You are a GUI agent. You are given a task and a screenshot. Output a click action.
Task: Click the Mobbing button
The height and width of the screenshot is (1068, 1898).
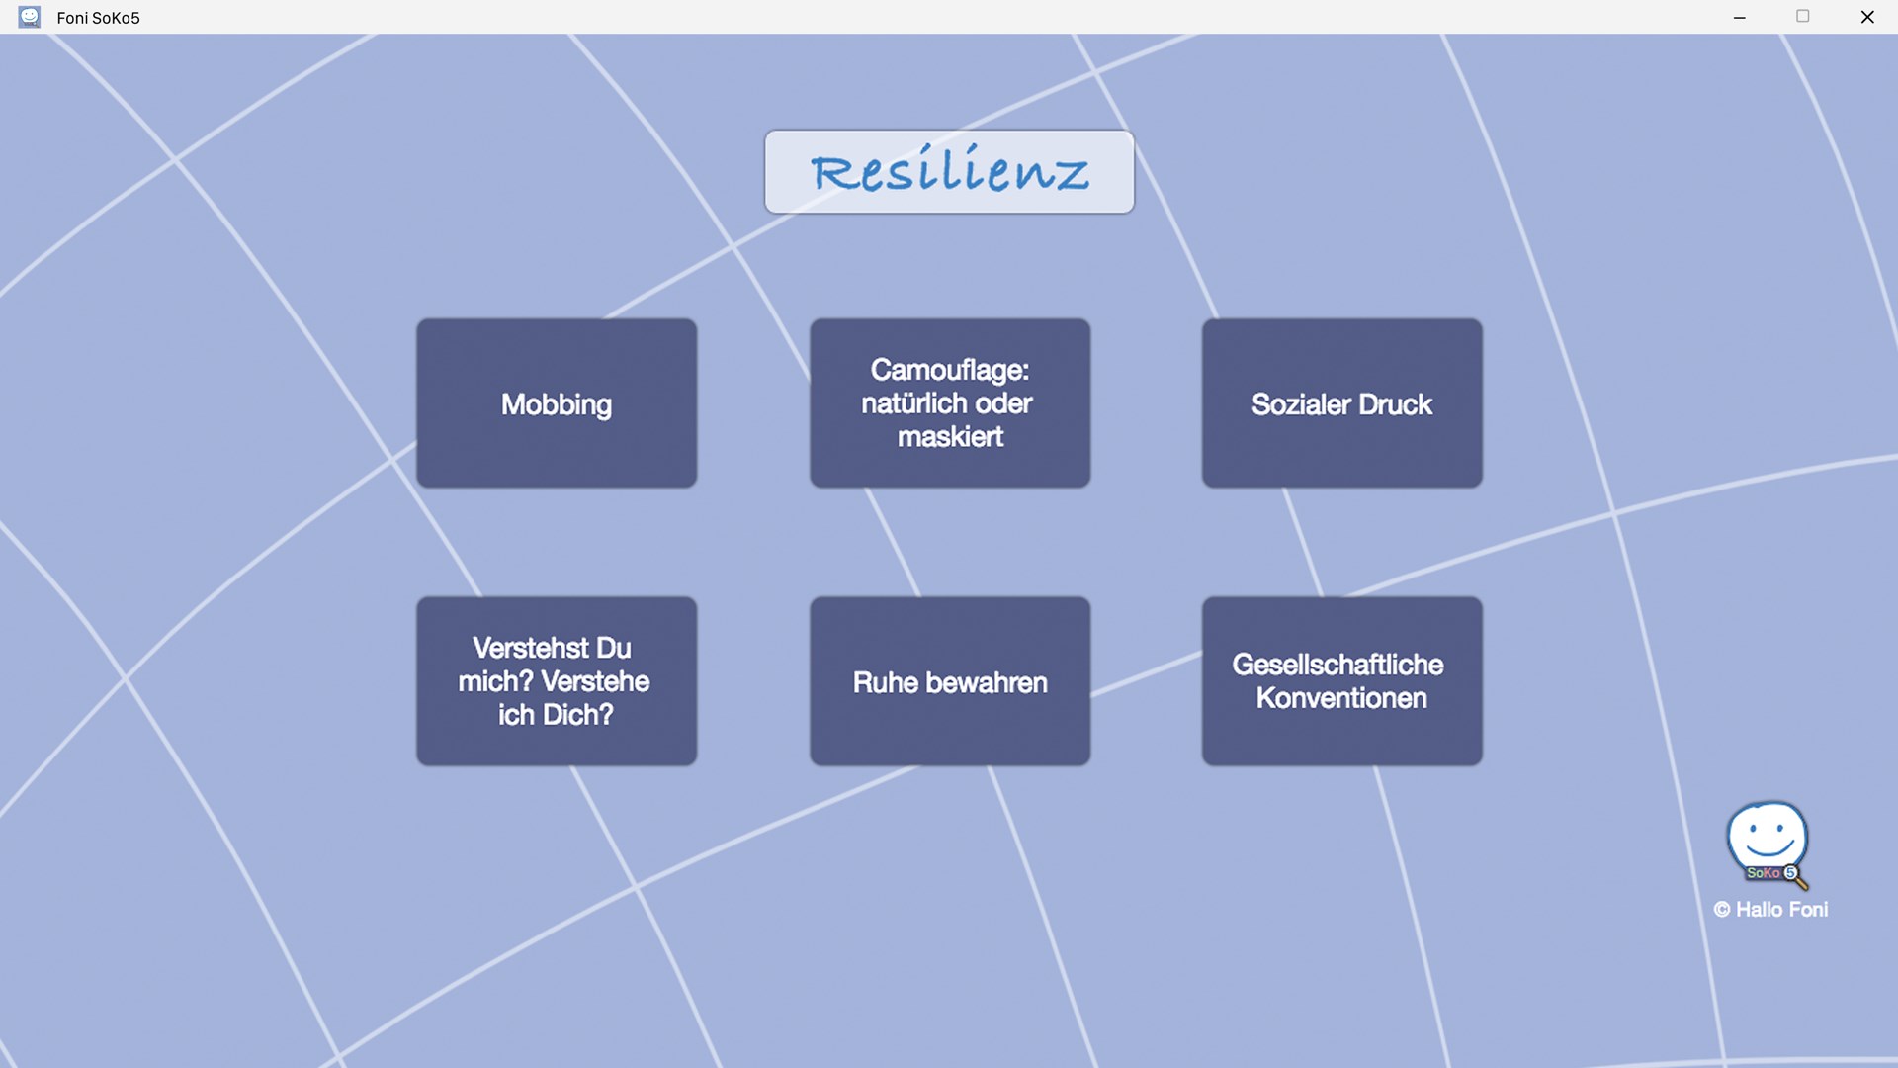[x=557, y=402]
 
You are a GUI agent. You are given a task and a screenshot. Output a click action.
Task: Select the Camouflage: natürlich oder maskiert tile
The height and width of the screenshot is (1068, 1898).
[x=950, y=402]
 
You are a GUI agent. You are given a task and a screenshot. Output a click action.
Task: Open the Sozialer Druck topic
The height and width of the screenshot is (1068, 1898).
[x=1341, y=402]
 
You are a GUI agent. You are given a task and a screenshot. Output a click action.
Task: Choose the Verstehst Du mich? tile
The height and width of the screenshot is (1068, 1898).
[x=557, y=680]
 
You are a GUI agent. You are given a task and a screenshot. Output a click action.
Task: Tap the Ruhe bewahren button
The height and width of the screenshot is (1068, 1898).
[x=950, y=680]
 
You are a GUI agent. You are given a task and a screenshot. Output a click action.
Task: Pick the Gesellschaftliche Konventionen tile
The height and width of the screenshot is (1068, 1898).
[x=1341, y=680]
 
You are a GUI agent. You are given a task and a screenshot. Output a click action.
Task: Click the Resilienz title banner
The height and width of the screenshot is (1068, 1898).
[x=949, y=171]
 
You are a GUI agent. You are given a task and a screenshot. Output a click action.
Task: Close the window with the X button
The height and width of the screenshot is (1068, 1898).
[x=1867, y=17]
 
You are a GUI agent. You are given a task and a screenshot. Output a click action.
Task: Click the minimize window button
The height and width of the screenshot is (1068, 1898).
[x=1740, y=17]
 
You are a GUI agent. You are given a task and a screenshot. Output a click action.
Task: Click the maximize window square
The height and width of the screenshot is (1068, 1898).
[x=1803, y=16]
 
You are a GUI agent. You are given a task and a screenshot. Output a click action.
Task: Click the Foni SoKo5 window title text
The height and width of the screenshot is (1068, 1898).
[x=98, y=18]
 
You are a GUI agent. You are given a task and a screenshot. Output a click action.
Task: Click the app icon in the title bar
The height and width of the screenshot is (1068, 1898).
[x=30, y=17]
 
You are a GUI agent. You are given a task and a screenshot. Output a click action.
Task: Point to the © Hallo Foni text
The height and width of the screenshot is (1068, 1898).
[x=1770, y=909]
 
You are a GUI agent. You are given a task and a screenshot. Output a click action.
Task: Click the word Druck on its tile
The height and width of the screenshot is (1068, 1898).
[x=1395, y=403]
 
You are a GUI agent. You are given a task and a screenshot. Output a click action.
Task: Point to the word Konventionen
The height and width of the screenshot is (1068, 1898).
[x=1341, y=698]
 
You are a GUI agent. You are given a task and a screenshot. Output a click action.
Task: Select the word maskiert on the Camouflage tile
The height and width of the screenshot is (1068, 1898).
[x=950, y=436]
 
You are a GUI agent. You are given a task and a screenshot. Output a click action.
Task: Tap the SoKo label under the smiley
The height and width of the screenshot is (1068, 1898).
[x=1763, y=873]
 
